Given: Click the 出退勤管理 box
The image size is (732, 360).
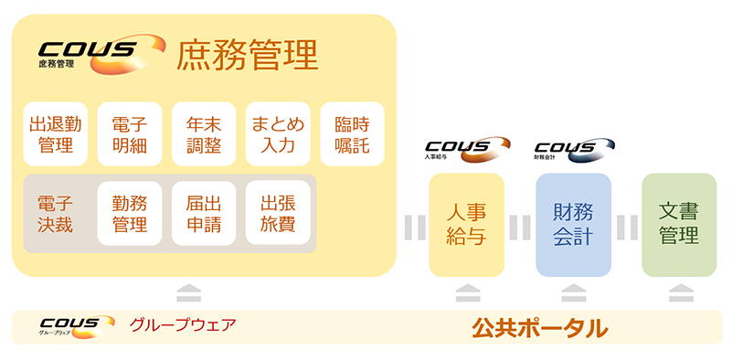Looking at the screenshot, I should click(56, 133).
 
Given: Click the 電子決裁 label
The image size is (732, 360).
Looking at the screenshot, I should click(56, 213).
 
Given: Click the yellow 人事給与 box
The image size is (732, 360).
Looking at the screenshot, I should click(466, 225).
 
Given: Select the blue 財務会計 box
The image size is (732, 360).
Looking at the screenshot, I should click(573, 225).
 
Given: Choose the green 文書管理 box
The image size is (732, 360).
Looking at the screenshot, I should click(679, 225).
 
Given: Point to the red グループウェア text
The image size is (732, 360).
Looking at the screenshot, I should click(183, 325).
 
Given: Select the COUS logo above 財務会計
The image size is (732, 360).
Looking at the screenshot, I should click(573, 148).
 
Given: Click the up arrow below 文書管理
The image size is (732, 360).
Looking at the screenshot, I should click(679, 292).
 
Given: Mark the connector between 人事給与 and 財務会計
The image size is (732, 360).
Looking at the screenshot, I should click(520, 225).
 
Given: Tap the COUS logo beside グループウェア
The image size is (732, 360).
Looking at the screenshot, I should click(77, 325).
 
